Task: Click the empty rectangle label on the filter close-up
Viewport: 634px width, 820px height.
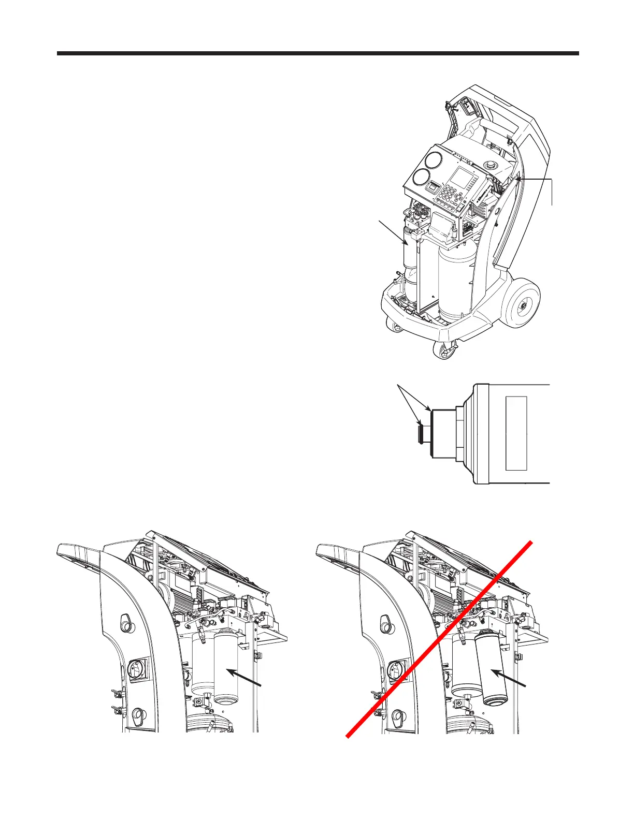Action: coord(516,433)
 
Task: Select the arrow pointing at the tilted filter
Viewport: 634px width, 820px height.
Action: coord(510,679)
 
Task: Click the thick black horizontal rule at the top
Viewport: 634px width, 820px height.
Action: coord(318,53)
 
